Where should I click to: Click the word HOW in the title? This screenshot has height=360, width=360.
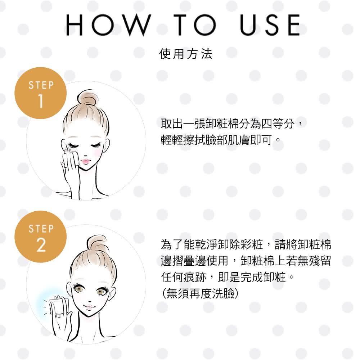click(109, 25)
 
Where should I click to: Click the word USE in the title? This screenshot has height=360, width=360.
click(270, 25)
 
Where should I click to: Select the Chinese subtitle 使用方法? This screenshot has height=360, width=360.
click(185, 54)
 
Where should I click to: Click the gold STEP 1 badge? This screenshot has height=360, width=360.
click(40, 93)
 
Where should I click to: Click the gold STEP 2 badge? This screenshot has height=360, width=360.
click(40, 237)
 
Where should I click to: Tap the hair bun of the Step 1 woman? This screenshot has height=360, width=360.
click(87, 98)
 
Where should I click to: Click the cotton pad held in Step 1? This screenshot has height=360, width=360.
click(71, 158)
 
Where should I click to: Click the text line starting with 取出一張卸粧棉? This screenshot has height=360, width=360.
click(231, 124)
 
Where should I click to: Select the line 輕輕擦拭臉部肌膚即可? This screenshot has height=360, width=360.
click(220, 140)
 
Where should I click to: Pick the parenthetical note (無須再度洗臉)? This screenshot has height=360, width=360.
click(200, 293)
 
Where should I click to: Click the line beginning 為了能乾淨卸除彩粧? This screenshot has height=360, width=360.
click(246, 244)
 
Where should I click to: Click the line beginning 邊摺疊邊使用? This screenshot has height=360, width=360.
click(246, 261)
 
